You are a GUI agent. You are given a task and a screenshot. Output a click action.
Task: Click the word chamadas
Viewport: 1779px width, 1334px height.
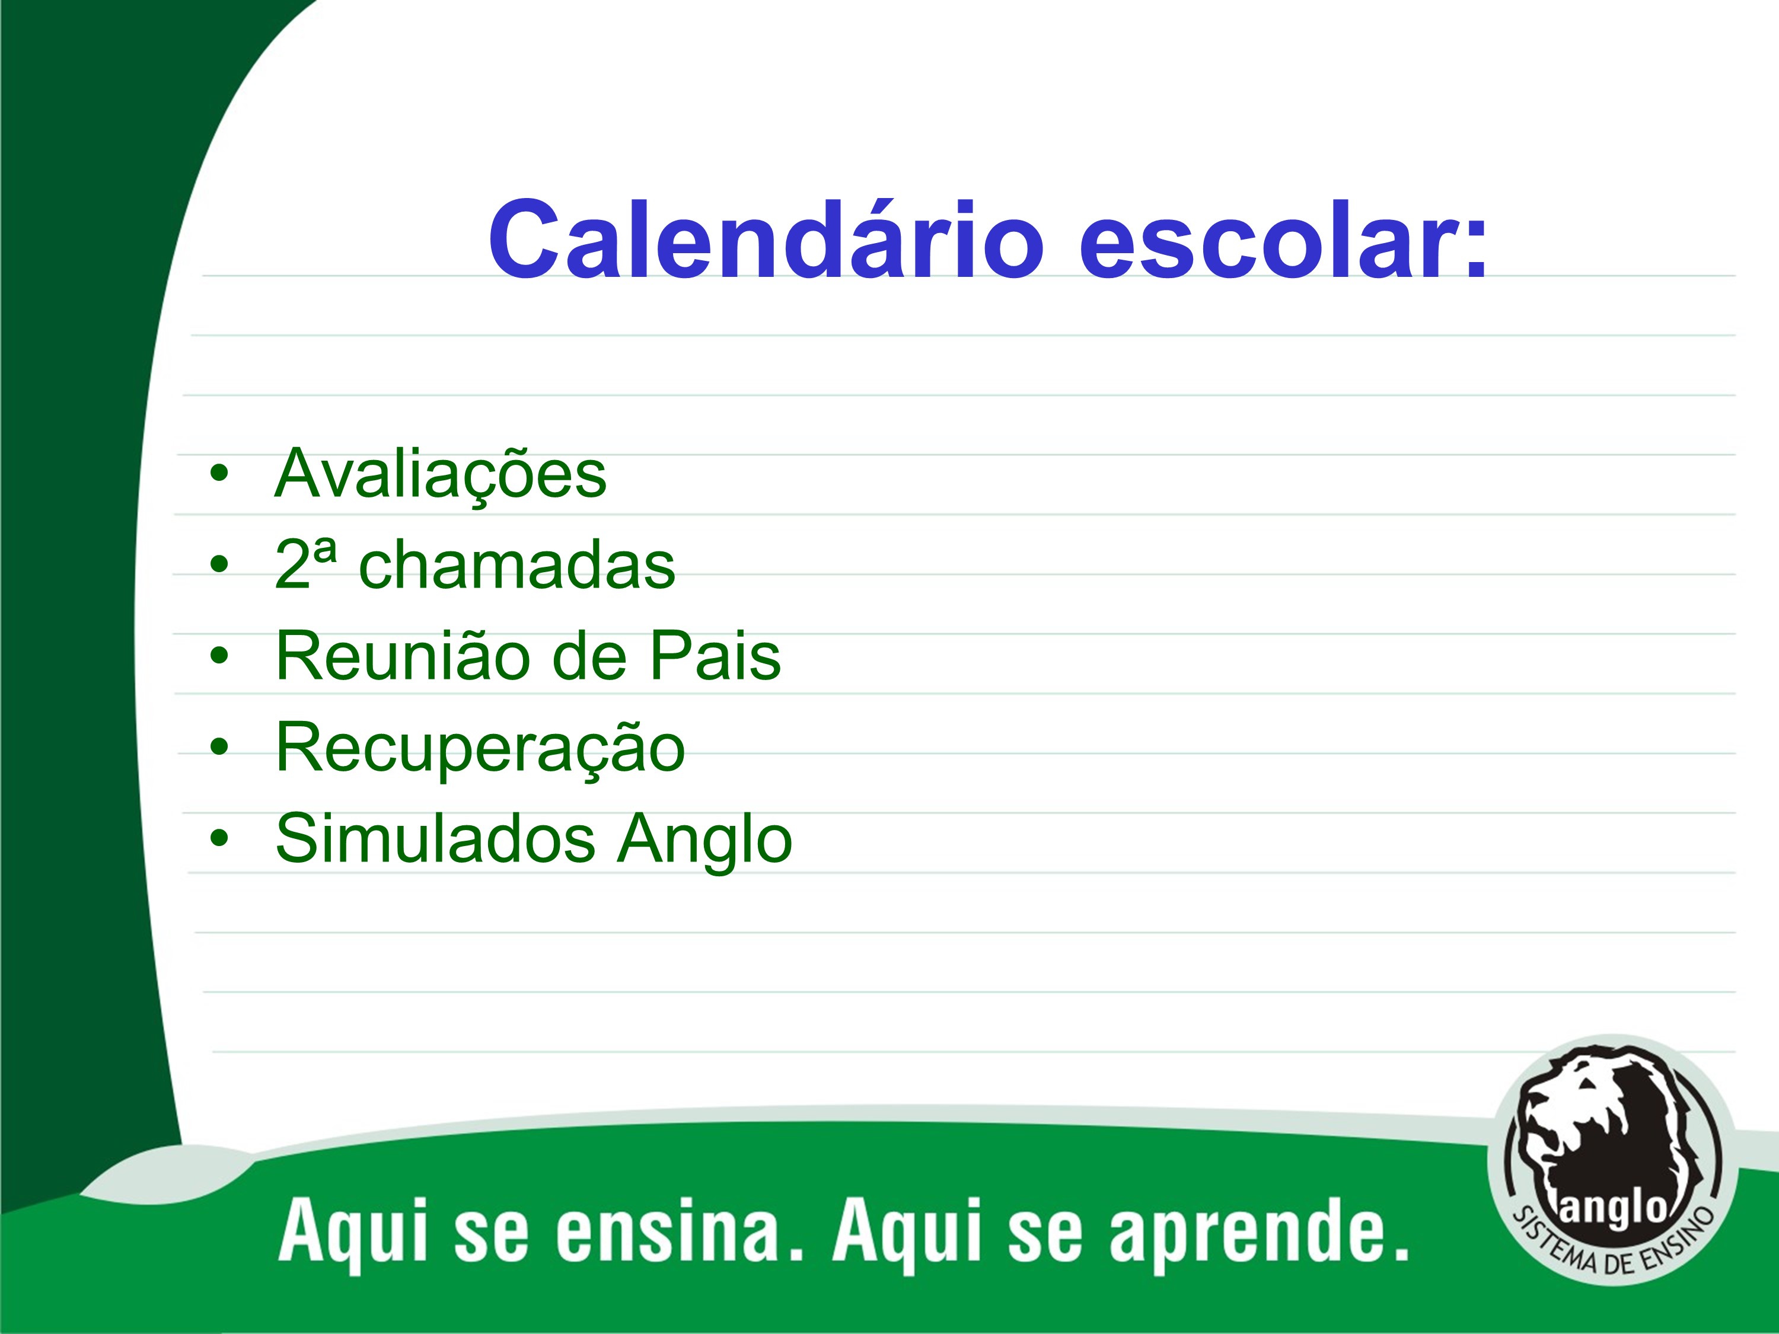pos(517,564)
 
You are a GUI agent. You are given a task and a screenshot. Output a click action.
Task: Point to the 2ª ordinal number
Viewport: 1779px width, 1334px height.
pos(305,563)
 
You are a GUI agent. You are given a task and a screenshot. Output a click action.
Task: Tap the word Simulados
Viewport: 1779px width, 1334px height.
pos(435,839)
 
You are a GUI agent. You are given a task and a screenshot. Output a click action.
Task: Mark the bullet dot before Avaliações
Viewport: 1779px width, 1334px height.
pos(219,474)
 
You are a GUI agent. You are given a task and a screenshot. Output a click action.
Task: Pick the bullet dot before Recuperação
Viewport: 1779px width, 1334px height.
pos(219,748)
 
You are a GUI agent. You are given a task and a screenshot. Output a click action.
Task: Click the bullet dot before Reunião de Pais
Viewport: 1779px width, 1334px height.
pos(219,656)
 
